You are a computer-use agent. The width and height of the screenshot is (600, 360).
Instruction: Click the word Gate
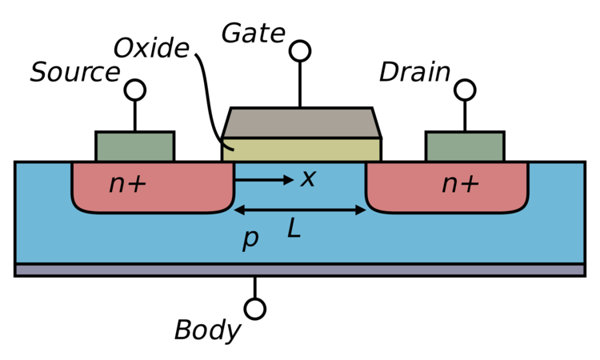click(x=254, y=34)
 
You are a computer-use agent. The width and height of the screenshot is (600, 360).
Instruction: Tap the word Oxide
click(x=151, y=48)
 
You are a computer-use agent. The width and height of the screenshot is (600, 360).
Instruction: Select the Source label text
click(x=75, y=72)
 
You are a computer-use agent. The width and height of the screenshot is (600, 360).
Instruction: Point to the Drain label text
click(x=414, y=72)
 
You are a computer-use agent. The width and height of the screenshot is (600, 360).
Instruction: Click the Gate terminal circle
click(x=300, y=51)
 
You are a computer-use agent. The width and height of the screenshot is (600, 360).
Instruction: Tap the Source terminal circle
click(x=135, y=90)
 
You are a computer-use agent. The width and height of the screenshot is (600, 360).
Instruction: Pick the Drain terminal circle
click(x=465, y=90)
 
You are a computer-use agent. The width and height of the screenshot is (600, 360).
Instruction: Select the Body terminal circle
click(x=255, y=309)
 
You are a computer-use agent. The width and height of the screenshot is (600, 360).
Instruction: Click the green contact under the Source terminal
click(x=135, y=146)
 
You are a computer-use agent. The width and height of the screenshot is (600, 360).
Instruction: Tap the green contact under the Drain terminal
click(x=465, y=146)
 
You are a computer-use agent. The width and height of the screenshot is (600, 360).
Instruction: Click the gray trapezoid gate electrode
click(x=301, y=123)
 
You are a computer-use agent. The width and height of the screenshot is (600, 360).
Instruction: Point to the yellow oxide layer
click(x=301, y=150)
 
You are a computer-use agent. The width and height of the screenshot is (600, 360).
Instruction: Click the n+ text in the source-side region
click(x=127, y=184)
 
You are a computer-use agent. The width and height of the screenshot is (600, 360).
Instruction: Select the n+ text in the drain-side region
click(x=460, y=184)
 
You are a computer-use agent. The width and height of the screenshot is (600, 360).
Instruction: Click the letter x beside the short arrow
click(x=308, y=178)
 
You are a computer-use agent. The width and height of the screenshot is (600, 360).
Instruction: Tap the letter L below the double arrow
click(x=294, y=230)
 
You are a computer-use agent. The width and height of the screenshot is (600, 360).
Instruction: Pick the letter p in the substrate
click(x=250, y=239)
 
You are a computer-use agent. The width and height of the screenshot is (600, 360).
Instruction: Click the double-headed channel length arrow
click(x=300, y=210)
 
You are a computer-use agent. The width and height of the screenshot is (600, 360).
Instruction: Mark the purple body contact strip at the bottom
click(x=300, y=270)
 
